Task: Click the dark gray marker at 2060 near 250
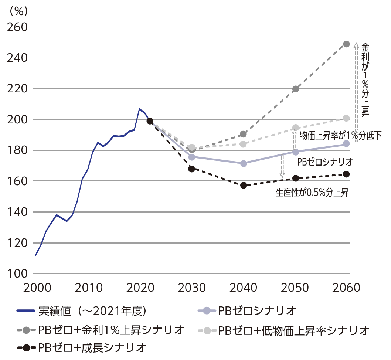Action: pos(346,44)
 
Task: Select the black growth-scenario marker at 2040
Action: pos(244,185)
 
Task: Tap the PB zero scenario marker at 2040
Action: pos(244,163)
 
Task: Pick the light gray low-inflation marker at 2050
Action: pos(295,128)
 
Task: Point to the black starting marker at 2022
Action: pos(150,121)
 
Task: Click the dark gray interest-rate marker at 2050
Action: pos(295,89)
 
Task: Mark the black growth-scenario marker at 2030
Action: pos(191,169)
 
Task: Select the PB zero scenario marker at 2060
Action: pos(346,144)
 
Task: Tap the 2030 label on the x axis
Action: pos(191,287)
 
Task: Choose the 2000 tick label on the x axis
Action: pos(36,287)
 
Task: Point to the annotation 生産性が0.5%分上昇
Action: pos(312,192)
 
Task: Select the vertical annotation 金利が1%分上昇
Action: pos(365,79)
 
